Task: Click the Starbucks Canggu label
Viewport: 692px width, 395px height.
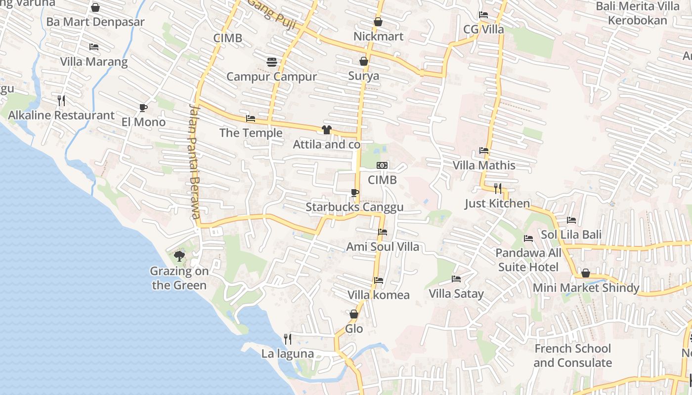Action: coord(354,207)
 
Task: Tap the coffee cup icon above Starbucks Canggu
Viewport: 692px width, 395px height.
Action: coord(354,193)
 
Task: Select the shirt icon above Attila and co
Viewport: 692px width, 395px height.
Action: coord(326,130)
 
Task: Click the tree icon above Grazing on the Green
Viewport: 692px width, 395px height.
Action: coord(179,256)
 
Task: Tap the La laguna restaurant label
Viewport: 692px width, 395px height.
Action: coord(287,354)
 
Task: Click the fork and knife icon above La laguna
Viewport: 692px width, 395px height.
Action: coord(287,339)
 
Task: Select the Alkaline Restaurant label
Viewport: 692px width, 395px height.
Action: coord(61,116)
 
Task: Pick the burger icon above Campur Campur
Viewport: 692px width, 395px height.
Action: coord(271,62)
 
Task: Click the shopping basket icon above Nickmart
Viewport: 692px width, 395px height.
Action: coord(378,22)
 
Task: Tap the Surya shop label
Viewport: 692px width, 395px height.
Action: coord(363,76)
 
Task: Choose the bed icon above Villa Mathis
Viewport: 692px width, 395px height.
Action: coord(484,151)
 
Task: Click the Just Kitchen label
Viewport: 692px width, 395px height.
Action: coord(497,203)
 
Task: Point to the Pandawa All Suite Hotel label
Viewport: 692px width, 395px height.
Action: coord(528,260)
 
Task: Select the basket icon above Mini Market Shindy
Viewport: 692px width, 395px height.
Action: coord(586,273)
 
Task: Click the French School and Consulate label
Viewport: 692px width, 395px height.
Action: coord(572,355)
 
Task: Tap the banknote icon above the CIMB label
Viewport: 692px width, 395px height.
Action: coord(382,165)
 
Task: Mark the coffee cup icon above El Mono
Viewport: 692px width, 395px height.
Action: coord(143,108)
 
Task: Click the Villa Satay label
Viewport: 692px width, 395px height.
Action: coord(456,294)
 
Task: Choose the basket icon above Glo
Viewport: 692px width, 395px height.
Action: coord(354,314)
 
